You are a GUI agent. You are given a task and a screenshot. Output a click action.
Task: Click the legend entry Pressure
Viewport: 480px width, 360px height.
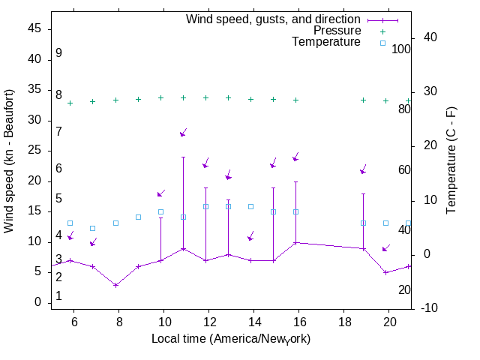[337, 31]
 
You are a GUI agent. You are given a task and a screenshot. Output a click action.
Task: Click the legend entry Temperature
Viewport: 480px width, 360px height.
[326, 42]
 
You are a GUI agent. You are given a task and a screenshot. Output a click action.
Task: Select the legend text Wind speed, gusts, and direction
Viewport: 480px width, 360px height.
[274, 19]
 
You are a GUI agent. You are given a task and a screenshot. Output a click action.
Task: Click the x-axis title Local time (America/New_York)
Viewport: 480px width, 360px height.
[231, 338]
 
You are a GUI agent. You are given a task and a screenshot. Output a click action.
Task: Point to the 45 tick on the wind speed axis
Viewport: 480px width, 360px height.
[34, 29]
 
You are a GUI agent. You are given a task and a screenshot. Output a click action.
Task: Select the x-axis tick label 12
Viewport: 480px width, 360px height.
[208, 321]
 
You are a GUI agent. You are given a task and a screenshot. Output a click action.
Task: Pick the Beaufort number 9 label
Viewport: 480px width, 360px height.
[58, 54]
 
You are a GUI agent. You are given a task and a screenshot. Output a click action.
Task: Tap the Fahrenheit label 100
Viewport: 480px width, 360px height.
[402, 49]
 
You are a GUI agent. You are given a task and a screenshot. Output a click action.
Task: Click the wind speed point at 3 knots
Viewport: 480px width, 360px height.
[115, 285]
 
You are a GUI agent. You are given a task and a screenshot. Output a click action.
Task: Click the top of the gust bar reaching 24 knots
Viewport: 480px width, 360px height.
[183, 157]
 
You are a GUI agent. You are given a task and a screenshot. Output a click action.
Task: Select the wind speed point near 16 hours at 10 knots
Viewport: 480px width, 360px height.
[296, 242]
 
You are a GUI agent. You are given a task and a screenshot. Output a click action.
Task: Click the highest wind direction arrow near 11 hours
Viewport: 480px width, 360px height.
[183, 133]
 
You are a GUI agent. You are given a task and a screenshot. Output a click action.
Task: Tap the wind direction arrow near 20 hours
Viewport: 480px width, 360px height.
[386, 247]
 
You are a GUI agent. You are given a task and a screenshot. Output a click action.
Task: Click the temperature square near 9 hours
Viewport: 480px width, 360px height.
[138, 217]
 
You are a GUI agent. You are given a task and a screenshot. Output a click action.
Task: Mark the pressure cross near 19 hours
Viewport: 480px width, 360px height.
[364, 100]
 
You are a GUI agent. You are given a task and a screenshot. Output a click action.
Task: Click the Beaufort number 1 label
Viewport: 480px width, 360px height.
[58, 296]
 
